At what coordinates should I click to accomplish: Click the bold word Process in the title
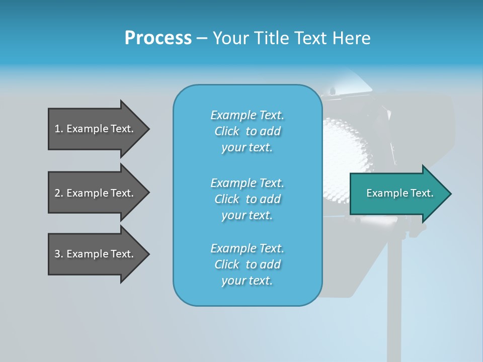point(158,38)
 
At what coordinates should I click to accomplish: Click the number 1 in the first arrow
point(57,129)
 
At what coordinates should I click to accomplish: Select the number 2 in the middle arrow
point(57,193)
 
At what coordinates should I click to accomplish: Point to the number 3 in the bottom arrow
point(57,254)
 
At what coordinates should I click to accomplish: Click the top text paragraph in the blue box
point(247,131)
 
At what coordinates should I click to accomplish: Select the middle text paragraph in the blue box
point(247,199)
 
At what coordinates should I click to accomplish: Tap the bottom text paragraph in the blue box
point(247,264)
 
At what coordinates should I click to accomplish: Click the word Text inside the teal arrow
point(422,193)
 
